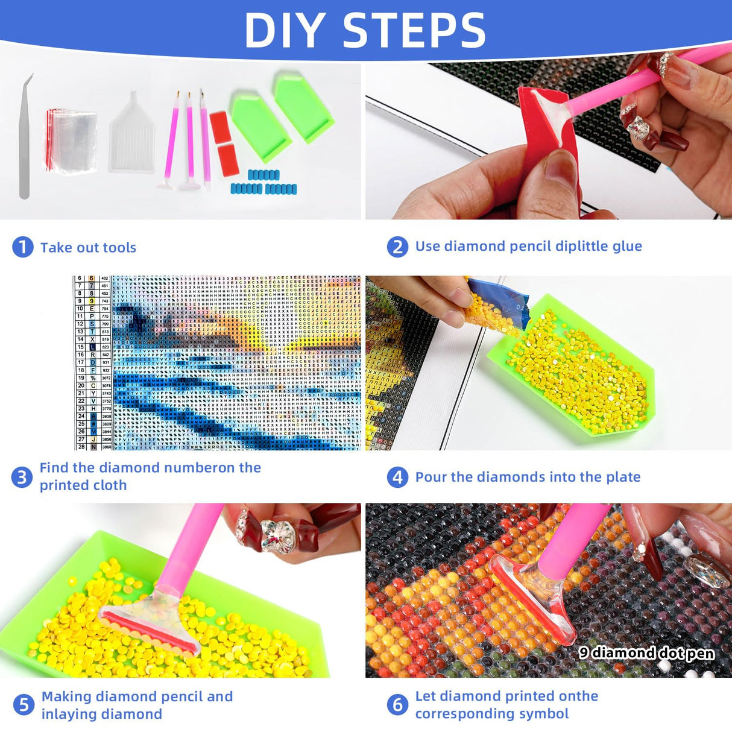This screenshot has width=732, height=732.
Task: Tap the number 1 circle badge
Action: [x=23, y=247]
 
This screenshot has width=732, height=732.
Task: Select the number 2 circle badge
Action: [x=397, y=247]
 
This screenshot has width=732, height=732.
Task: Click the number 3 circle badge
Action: [x=22, y=477]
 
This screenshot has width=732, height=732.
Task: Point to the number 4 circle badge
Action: [x=397, y=478]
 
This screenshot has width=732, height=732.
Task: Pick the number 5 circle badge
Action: [x=24, y=705]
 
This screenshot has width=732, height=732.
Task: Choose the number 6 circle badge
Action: [x=397, y=704]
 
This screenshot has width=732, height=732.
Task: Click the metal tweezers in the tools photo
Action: [x=25, y=139]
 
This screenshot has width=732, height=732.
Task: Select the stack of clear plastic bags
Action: [x=71, y=140]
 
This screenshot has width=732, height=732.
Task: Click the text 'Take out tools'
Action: [x=88, y=248]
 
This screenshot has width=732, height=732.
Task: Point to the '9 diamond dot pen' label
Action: [x=646, y=653]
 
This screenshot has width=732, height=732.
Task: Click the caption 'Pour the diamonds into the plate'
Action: [x=528, y=477]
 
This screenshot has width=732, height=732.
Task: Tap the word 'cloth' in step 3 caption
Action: [x=110, y=485]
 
